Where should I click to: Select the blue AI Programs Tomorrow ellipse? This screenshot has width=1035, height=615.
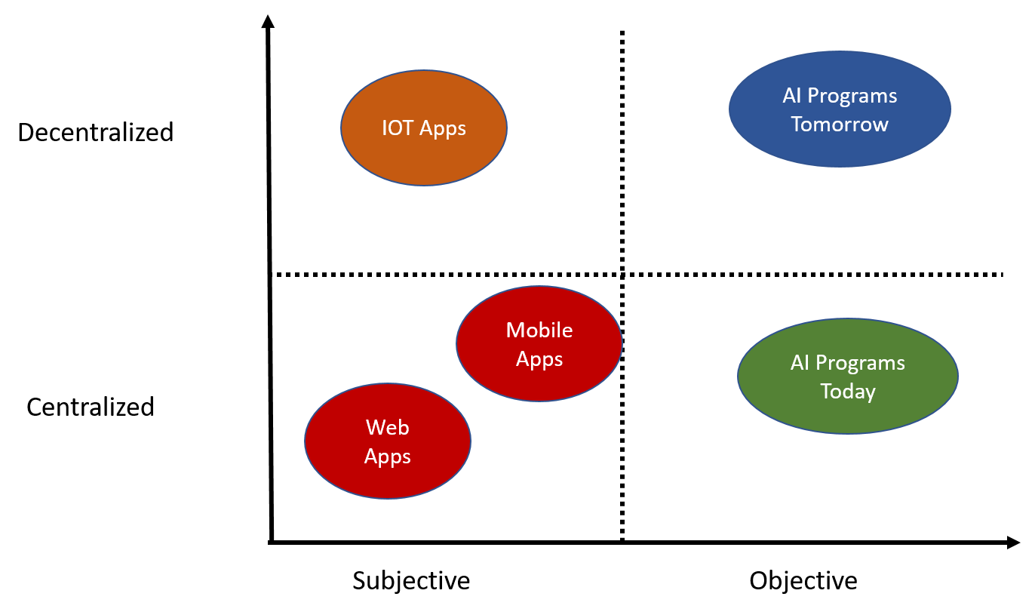840,147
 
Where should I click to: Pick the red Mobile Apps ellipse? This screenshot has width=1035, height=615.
539,381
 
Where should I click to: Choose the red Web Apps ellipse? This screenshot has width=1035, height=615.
387,479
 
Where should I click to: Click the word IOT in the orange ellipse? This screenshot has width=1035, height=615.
398,128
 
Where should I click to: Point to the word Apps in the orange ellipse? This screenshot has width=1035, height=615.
443,129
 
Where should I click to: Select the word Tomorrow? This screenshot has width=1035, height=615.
840,125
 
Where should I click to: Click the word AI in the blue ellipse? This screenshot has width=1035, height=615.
791,96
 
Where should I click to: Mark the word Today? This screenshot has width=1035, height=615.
848,392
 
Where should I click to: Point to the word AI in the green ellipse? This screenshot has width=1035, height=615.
799,363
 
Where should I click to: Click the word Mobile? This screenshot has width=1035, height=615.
539,330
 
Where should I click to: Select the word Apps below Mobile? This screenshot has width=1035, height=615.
539,359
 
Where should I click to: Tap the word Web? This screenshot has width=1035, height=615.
388,428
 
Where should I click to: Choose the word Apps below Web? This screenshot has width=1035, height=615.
388,457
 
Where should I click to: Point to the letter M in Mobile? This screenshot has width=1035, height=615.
515,330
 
